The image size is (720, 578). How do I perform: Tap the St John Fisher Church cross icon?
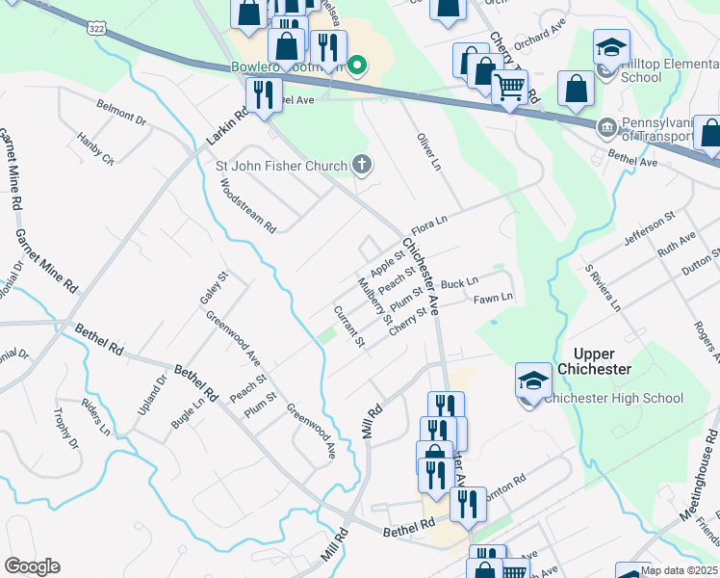[x=362, y=166]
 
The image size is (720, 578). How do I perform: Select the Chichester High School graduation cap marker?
[x=533, y=381]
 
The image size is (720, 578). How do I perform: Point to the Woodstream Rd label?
[x=248, y=210]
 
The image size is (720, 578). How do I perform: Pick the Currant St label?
[x=348, y=327]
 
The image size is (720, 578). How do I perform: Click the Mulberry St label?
[x=375, y=301]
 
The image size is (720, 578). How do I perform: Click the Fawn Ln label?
[x=494, y=299]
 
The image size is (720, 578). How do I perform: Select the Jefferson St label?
[x=642, y=232]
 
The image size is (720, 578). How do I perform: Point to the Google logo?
[x=32, y=566]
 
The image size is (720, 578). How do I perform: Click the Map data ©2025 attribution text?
[x=679, y=570]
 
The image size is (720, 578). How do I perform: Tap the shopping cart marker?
[x=509, y=89]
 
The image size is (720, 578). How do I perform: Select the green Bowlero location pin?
[x=357, y=66]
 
